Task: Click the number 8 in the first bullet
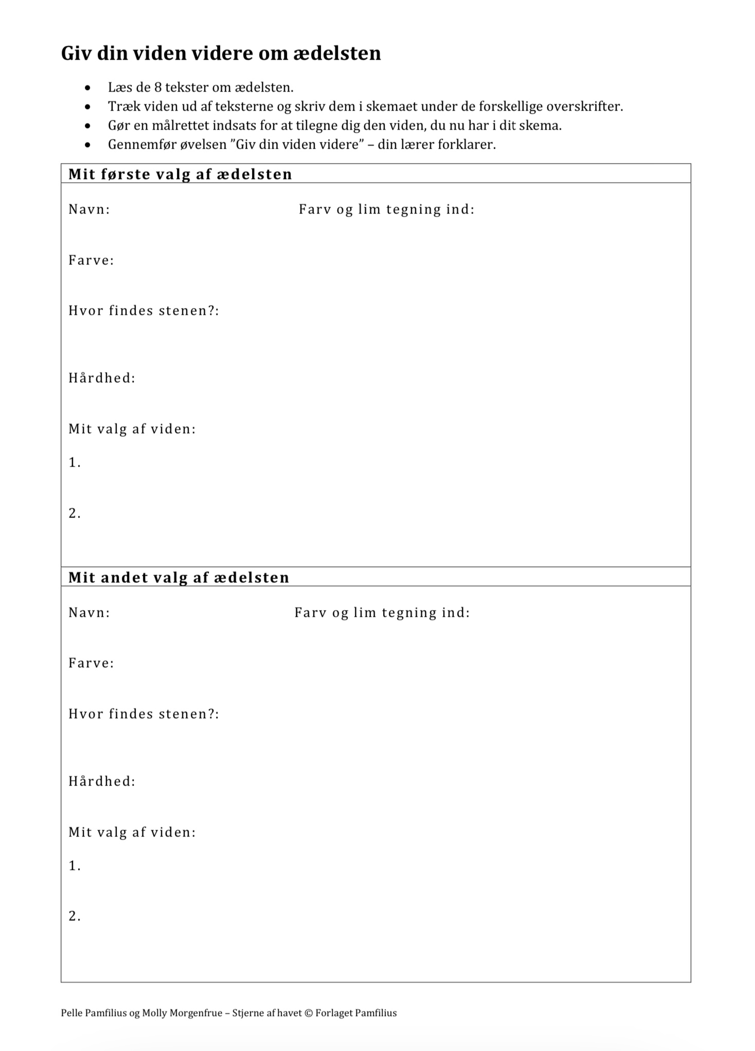coord(158,87)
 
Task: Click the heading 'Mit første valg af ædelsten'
coord(180,174)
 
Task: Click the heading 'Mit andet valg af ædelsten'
coord(178,577)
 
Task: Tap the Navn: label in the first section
coord(89,209)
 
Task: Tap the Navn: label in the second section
coord(89,613)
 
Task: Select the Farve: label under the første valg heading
coord(91,260)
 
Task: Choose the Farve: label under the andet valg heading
coord(91,663)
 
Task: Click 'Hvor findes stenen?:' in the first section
coord(143,311)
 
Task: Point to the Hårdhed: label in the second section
coord(102,781)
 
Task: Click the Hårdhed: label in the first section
coord(102,378)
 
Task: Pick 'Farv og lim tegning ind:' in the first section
coord(386,209)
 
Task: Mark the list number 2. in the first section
coord(75,513)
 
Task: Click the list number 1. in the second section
coord(75,866)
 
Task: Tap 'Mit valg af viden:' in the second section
coord(132,832)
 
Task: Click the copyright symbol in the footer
coord(309,1013)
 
